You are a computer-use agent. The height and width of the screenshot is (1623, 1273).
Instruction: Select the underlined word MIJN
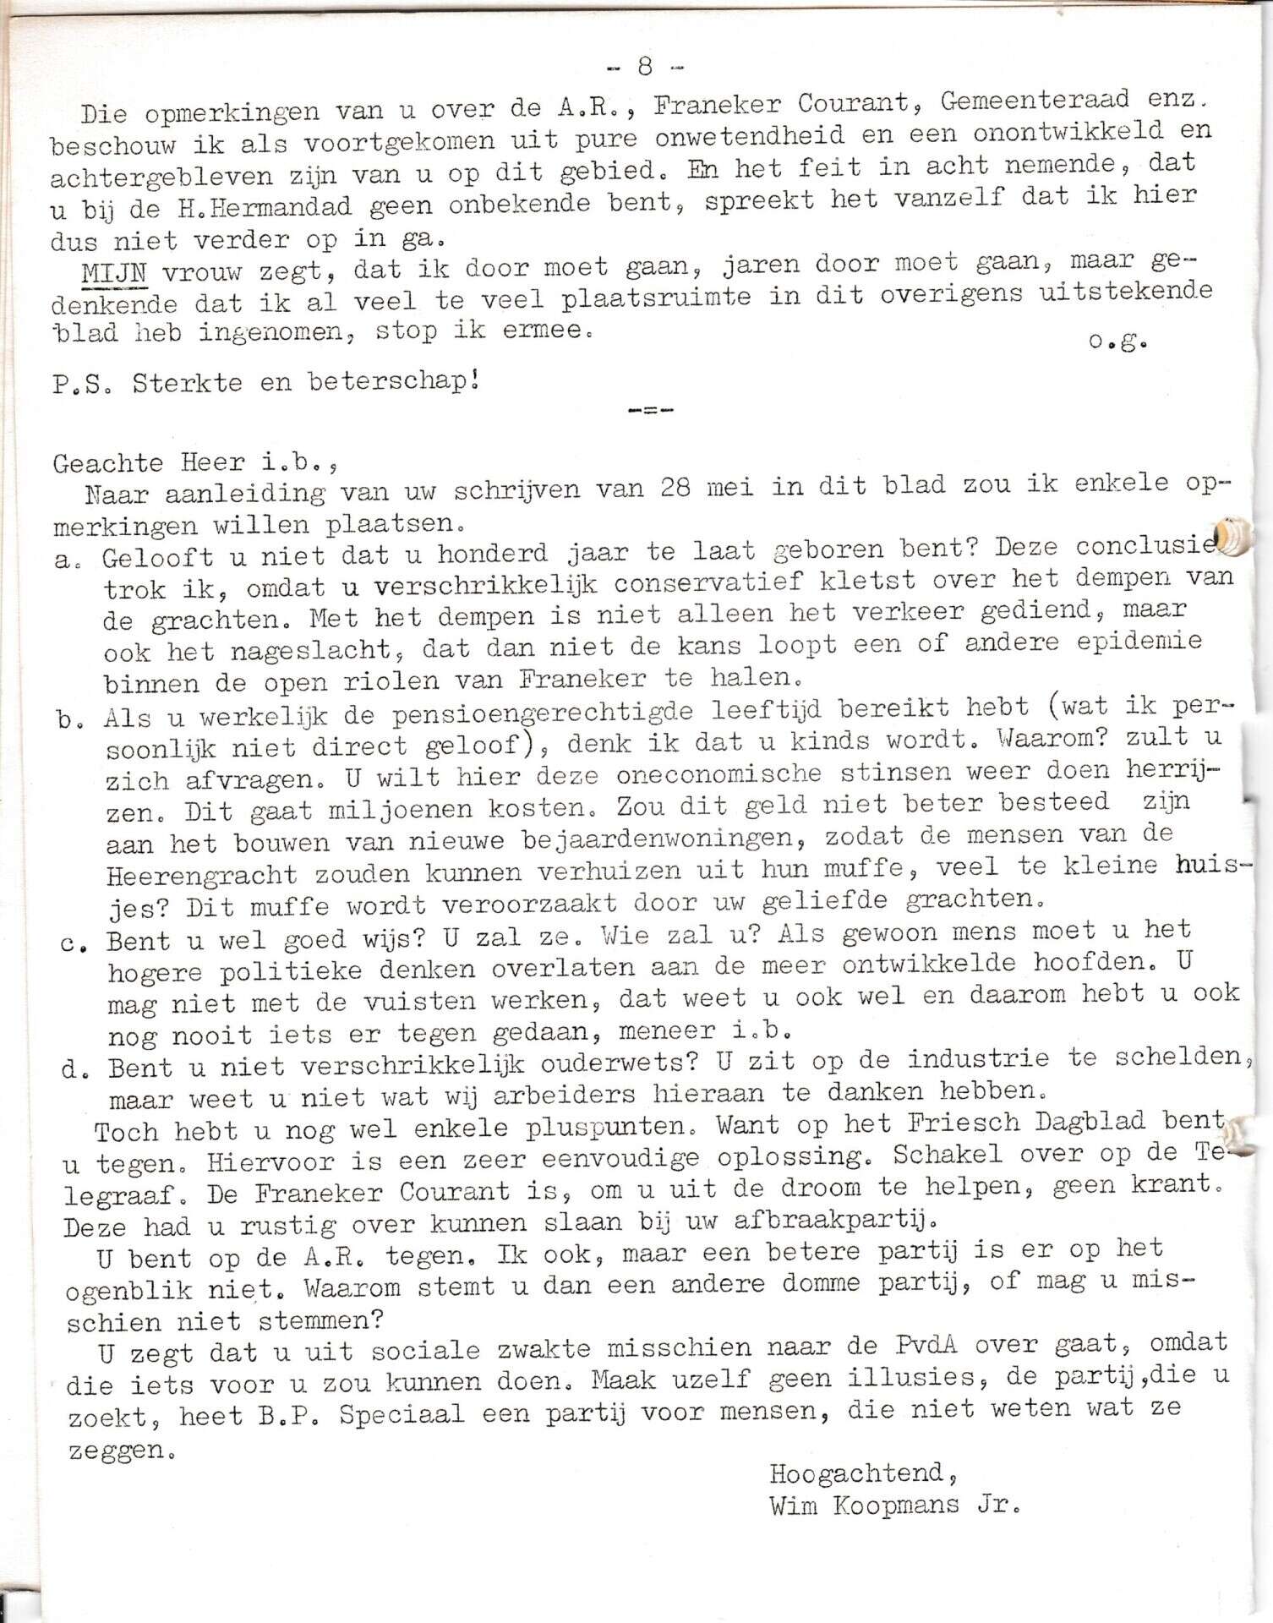click(x=115, y=273)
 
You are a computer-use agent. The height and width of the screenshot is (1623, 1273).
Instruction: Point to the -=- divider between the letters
click(x=650, y=411)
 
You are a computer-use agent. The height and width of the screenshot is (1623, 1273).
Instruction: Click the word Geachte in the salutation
click(x=107, y=463)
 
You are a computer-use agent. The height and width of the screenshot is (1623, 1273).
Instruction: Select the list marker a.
click(x=64, y=560)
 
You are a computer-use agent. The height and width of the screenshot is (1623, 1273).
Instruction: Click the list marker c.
click(x=70, y=944)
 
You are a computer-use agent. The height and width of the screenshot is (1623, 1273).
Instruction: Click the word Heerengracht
click(x=202, y=875)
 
